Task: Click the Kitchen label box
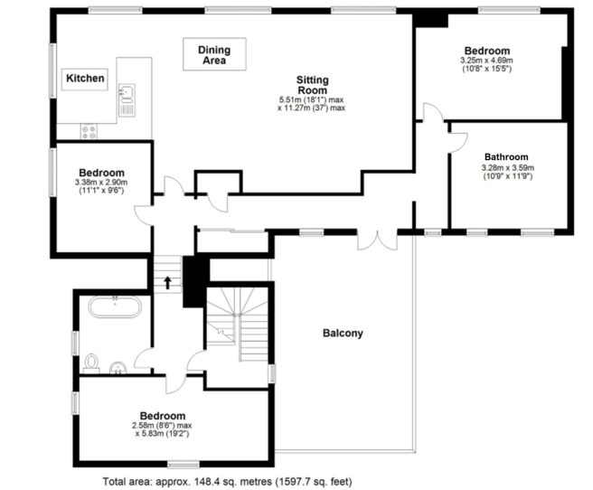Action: click(85, 79)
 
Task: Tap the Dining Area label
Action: click(213, 54)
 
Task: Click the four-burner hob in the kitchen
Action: click(89, 131)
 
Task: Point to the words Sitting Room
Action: click(312, 85)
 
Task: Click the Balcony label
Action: click(343, 333)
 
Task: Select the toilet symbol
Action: click(89, 363)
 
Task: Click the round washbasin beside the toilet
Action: click(118, 367)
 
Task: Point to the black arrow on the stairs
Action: click(167, 282)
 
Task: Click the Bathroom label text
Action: click(507, 155)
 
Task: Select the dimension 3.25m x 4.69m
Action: click(486, 61)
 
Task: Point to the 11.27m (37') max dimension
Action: click(312, 108)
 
